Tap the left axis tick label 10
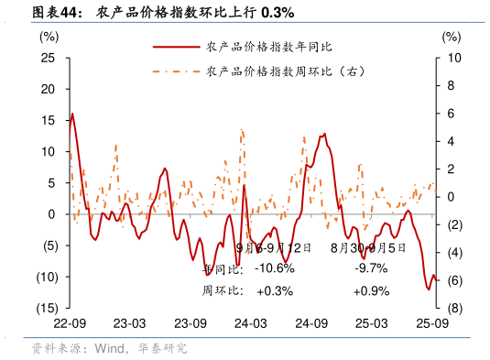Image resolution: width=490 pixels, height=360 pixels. tap(49, 151)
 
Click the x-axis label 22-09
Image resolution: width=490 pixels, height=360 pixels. tap(70, 324)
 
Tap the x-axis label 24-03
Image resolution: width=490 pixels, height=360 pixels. tap(250, 324)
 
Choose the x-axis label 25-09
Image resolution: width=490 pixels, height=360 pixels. tap(431, 324)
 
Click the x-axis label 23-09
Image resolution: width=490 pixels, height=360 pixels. tap(190, 324)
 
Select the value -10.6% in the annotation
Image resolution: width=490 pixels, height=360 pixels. tap(274, 268)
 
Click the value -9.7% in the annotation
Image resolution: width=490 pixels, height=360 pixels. tap(371, 268)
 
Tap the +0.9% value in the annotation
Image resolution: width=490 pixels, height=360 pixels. tap(371, 291)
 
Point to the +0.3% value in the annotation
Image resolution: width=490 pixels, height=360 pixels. tap(274, 291)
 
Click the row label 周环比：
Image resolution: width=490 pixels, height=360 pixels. tap(223, 291)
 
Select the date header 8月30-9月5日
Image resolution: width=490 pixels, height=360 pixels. tap(368, 247)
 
